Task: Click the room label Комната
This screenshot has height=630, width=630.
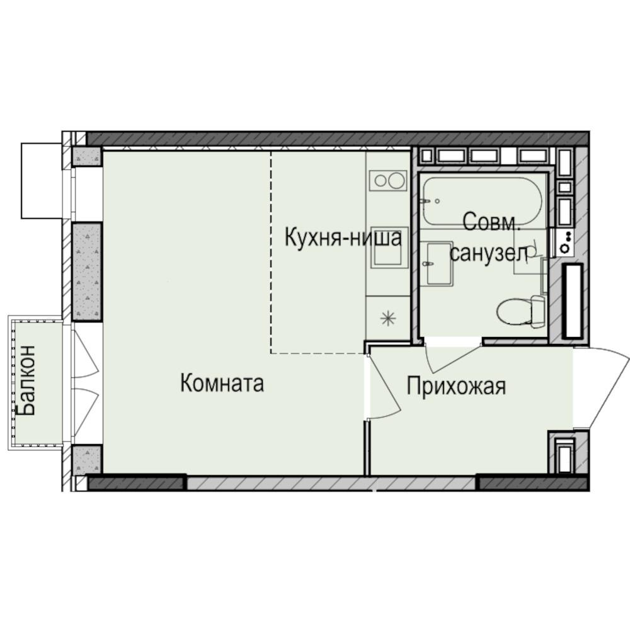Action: coord(222,383)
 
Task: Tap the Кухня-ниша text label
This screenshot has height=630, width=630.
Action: coord(343,238)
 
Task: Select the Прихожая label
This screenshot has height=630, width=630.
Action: coord(455,386)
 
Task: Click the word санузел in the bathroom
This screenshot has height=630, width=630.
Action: coord(488,253)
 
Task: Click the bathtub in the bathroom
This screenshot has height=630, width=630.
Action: coord(483,201)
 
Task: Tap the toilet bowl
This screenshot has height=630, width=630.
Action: coord(520,311)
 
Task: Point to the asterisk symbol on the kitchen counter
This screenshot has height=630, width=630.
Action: coord(388,318)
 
